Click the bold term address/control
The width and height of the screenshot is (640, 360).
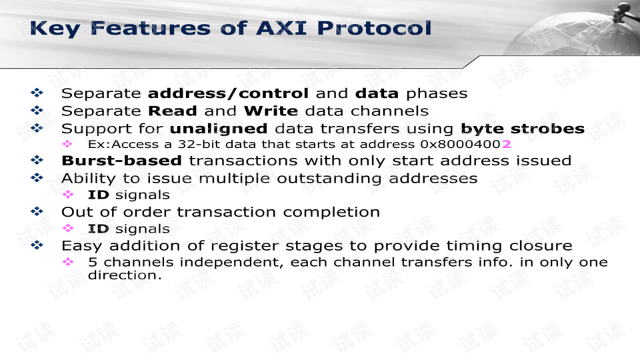pyautogui.click(x=227, y=93)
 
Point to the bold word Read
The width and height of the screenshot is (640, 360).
pyautogui.click(x=172, y=111)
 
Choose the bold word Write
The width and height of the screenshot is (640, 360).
pyautogui.click(x=270, y=111)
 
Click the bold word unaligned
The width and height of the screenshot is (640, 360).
pyautogui.click(x=218, y=128)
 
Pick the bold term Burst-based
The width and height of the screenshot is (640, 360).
pyautogui.click(x=121, y=161)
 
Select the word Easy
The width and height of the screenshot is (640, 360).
pyautogui.click(x=83, y=246)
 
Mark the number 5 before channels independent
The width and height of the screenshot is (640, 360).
pyautogui.click(x=93, y=263)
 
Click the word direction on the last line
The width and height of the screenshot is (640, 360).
pyautogui.click(x=124, y=275)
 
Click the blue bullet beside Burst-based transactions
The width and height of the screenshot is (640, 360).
pyautogui.click(x=37, y=161)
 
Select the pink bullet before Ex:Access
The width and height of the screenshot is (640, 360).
pyautogui.click(x=67, y=144)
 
